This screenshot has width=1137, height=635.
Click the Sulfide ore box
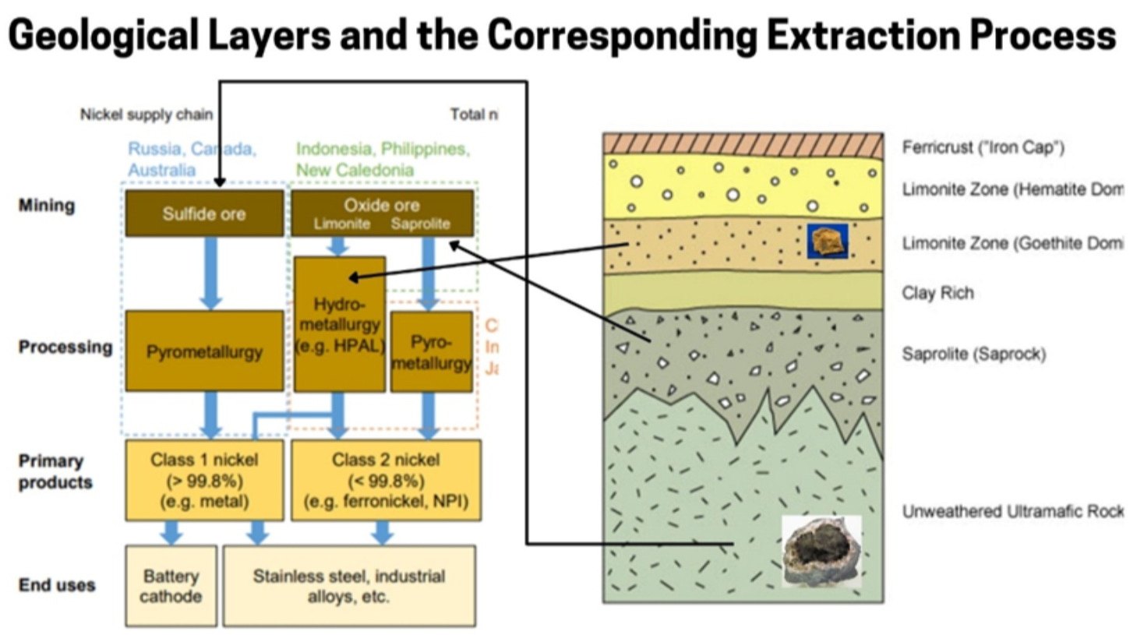[204, 213]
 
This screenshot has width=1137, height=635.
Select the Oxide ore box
[382, 213]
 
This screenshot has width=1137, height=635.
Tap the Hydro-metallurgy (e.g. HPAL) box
[340, 324]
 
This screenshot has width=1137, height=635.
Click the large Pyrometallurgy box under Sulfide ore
[204, 351]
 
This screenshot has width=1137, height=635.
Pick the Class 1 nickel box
[204, 480]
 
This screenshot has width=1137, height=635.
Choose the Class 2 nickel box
[386, 480]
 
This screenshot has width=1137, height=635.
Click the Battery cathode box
[171, 586]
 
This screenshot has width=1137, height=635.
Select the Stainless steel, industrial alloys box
[348, 586]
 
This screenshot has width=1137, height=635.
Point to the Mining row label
[47, 206]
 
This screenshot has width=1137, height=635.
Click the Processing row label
[65, 347]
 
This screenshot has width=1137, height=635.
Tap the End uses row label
[57, 585]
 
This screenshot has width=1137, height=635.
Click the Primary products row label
[55, 471]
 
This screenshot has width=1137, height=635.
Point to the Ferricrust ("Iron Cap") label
[983, 147]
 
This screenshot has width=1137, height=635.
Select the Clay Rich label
[937, 293]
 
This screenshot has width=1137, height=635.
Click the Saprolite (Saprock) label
[973, 354]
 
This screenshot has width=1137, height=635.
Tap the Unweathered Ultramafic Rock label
[1012, 511]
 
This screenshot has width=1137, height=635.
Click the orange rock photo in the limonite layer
[827, 242]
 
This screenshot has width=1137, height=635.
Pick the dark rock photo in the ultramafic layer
[821, 552]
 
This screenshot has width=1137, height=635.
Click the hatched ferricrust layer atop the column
[743, 144]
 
